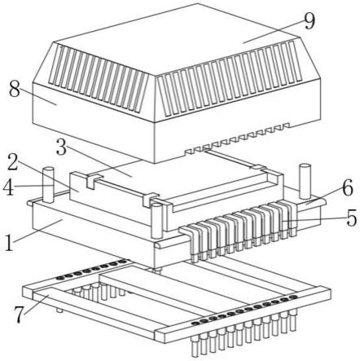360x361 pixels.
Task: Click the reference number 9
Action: pyautogui.click(x=310, y=21)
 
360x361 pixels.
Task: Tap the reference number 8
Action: pyautogui.click(x=15, y=89)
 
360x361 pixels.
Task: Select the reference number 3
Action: pyautogui.click(x=62, y=147)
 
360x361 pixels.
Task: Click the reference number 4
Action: pyautogui.click(x=8, y=188)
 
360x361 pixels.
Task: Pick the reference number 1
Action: pyautogui.click(x=9, y=242)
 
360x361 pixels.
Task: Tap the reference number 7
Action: pyautogui.click(x=19, y=314)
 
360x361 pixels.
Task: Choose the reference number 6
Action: pyautogui.click(x=348, y=188)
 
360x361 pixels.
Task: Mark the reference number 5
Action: pyautogui.click(x=352, y=218)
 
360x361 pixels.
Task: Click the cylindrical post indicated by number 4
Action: pyautogui.click(x=49, y=185)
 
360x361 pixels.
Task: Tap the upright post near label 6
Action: pyautogui.click(x=305, y=181)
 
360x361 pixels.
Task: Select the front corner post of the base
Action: pyautogui.click(x=157, y=222)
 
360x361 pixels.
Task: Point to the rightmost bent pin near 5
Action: pyautogui.click(x=291, y=220)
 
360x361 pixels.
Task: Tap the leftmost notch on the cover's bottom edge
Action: pyautogui.click(x=187, y=151)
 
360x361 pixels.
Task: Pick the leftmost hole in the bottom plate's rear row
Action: pyautogui.click(x=59, y=278)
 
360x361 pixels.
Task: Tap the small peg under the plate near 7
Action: pyautogui.click(x=60, y=310)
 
